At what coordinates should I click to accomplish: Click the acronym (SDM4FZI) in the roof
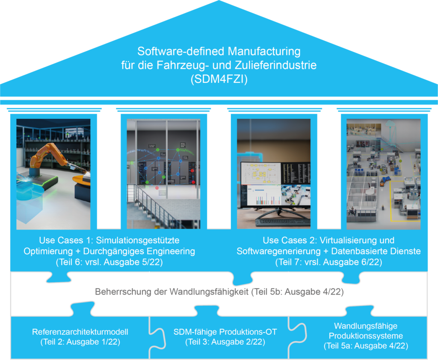point(219,80)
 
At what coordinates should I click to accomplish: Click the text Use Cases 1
point(66,240)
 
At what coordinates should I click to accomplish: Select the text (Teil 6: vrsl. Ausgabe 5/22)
point(109,262)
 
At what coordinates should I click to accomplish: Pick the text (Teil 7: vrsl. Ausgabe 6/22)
point(328,262)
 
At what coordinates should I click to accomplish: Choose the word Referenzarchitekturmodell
point(80,332)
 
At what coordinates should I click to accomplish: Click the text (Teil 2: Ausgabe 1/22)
point(80,342)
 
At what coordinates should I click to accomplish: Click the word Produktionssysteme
point(363,336)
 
